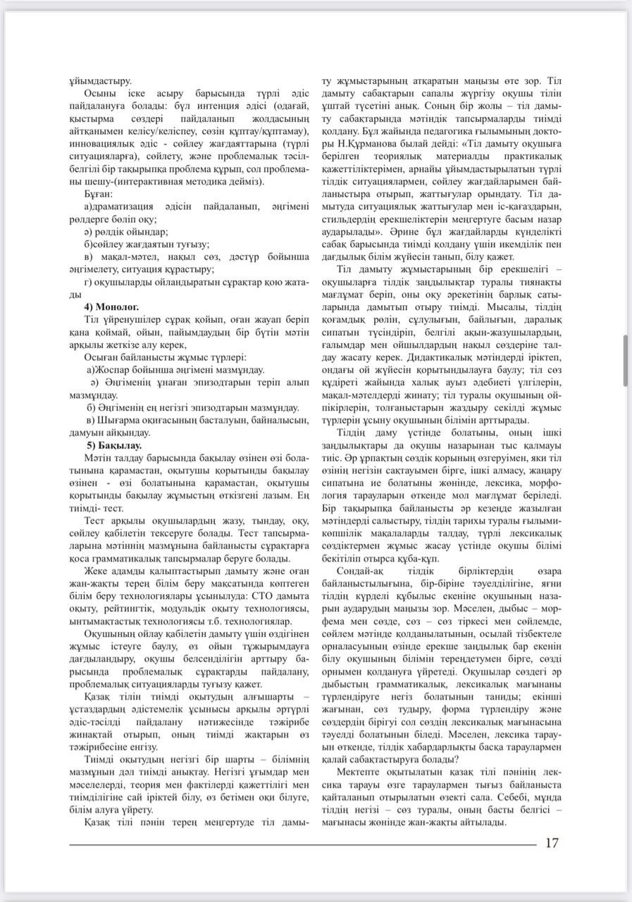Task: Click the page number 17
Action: coord(552,844)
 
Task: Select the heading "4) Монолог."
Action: coord(112,307)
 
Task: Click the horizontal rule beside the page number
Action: coord(303,844)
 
